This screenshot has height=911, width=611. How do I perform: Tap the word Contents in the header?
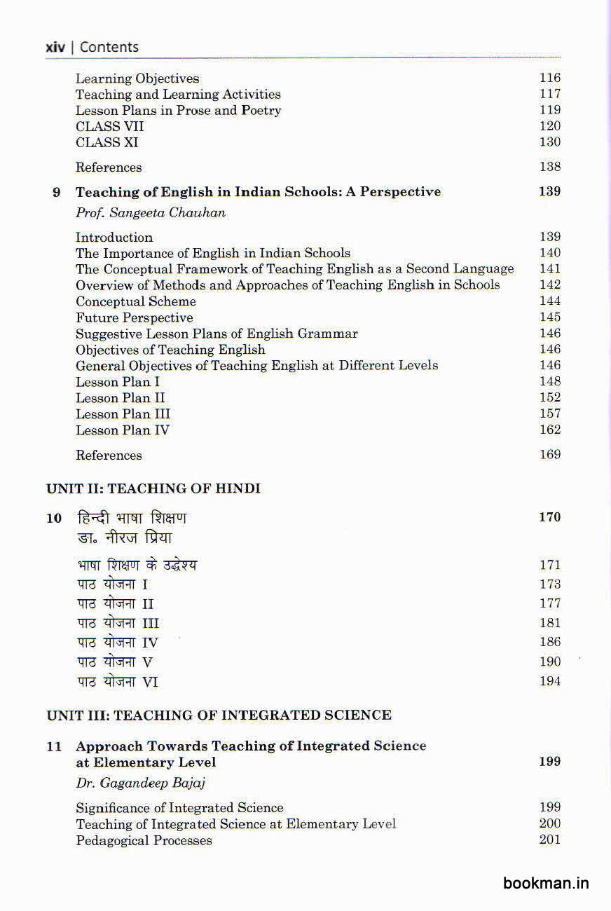109,48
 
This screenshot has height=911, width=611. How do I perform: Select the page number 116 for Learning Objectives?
550,78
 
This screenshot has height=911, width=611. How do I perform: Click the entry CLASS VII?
110,126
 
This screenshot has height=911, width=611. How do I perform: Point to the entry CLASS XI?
107,142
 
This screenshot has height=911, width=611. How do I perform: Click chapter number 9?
57,192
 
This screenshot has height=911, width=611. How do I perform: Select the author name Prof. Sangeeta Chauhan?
151,213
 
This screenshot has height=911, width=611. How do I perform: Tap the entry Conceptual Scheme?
136,301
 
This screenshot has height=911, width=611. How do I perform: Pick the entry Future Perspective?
135,317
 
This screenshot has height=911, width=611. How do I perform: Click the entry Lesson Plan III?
123,414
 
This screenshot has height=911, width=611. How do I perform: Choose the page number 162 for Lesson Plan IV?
550,430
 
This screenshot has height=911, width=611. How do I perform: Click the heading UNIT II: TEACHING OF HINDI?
153,488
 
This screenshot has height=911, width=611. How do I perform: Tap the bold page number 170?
550,517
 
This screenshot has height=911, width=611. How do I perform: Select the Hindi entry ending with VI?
117,681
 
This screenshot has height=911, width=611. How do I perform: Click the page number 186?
550,642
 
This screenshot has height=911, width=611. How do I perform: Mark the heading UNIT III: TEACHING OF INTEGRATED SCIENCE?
219,715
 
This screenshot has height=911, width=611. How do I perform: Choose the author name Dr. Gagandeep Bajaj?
141,783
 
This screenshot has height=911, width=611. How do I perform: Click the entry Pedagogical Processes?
144,840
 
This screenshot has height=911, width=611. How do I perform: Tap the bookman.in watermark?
546,883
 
